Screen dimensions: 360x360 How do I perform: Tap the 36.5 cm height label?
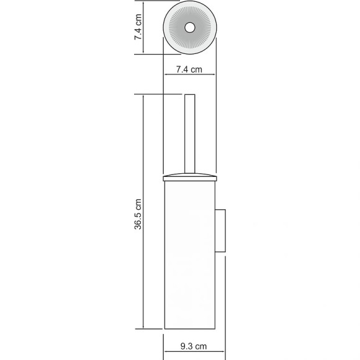click(x=139, y=215)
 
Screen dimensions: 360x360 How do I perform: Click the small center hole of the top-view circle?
click(x=189, y=28)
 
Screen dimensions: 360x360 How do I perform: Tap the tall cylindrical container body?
click(x=189, y=261)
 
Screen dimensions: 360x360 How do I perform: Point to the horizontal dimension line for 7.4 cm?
click(x=190, y=78)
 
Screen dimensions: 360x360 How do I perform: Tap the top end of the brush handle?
click(x=189, y=96)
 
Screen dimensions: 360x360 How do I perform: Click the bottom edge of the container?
click(x=189, y=329)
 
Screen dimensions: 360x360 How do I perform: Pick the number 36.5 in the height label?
click(x=139, y=220)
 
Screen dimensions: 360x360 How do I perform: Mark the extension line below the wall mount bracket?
click(x=224, y=298)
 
